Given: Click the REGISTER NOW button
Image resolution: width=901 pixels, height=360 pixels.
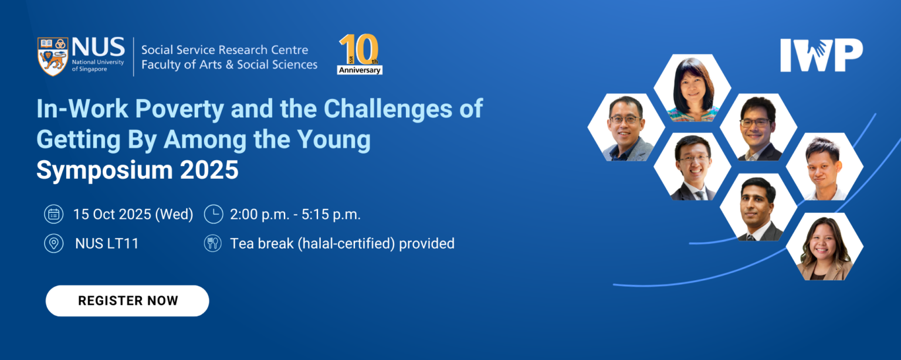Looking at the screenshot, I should pyautogui.click(x=127, y=301).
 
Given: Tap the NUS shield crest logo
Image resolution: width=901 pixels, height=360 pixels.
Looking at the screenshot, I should pyautogui.click(x=53, y=56).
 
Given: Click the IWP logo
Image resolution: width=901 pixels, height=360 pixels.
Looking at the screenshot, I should pyautogui.click(x=821, y=56).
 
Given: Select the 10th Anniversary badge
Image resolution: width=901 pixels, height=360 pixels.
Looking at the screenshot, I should pyautogui.click(x=360, y=55).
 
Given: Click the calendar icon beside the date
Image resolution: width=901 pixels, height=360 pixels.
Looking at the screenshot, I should pyautogui.click(x=53, y=215).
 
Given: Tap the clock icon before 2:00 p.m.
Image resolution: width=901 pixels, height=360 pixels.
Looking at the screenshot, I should pyautogui.click(x=214, y=215).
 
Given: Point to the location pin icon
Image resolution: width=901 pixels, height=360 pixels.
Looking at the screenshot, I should pyautogui.click(x=53, y=243).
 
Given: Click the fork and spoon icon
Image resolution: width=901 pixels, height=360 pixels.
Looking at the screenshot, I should pyautogui.click(x=214, y=243).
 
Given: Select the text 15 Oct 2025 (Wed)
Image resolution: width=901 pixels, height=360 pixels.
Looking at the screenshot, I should pyautogui.click(x=133, y=215).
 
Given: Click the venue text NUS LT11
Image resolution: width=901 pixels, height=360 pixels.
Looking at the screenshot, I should pyautogui.click(x=107, y=243).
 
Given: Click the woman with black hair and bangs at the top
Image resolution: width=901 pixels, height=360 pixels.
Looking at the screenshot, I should pyautogui.click(x=693, y=88).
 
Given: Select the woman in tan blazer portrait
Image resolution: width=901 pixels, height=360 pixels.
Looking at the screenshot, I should pyautogui.click(x=825, y=247).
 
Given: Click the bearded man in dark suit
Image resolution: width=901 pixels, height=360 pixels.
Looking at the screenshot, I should pyautogui.click(x=758, y=208).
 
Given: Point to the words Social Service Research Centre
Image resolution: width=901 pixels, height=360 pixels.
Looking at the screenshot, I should pyautogui.click(x=225, y=50).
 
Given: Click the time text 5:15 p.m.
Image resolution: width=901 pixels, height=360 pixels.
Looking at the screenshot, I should pyautogui.click(x=331, y=215).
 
